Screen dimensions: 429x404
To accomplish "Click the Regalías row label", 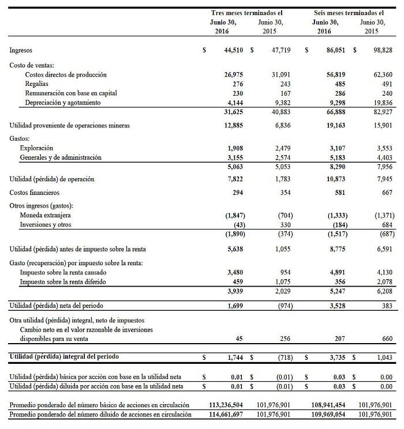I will pyautogui.click(x=36, y=84).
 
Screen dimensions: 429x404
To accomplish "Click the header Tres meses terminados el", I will pyautogui.click(x=248, y=13).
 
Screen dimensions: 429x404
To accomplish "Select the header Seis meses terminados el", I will pyautogui.click(x=349, y=13).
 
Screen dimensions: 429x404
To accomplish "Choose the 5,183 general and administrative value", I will pyautogui.click(x=336, y=157).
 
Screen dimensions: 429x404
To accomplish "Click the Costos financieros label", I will pyautogui.click(x=34, y=193).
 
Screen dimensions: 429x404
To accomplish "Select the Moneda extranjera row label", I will pyautogui.click(x=46, y=215).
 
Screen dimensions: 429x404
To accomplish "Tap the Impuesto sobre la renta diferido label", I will pyautogui.click(x=63, y=282).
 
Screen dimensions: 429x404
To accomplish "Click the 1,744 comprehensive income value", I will pyautogui.click(x=235, y=357).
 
